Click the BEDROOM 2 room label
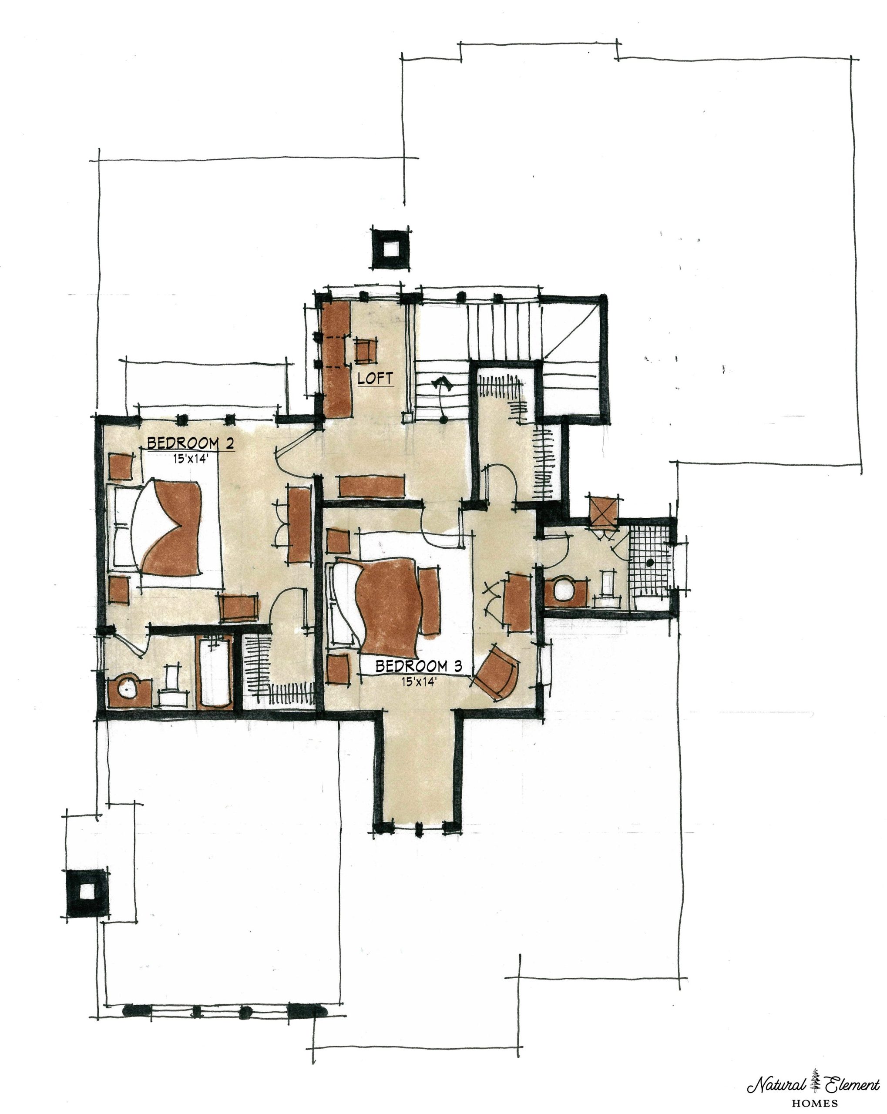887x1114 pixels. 191,443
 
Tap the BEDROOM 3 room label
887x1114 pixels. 419,666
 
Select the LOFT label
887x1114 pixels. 375,378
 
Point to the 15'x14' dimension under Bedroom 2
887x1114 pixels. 191,458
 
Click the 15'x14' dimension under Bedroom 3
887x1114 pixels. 419,681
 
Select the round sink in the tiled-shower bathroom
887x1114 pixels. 564,590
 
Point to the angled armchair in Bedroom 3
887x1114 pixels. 496,672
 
